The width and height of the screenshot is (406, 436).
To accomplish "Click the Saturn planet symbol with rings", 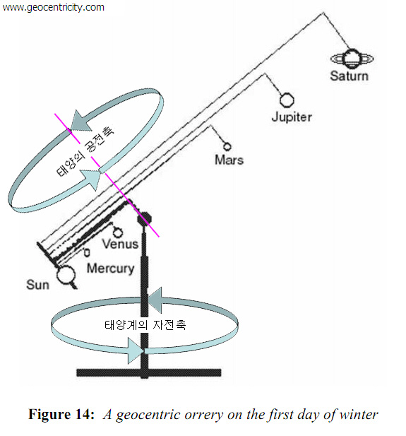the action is (x=352, y=59).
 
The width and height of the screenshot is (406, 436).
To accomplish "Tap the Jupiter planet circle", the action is (x=287, y=100).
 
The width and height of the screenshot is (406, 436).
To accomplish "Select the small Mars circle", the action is (x=227, y=146).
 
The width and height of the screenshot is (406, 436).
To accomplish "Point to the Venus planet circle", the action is (x=118, y=232).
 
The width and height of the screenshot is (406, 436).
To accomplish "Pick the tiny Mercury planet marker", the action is (x=87, y=252).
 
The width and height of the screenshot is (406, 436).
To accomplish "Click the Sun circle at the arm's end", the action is (x=66, y=275).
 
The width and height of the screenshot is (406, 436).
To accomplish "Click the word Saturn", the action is (x=349, y=76).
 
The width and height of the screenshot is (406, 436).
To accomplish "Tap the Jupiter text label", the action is (x=292, y=117).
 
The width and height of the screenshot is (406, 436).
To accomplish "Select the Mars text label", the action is (x=229, y=160).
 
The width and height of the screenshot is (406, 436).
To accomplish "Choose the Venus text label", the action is (x=120, y=244).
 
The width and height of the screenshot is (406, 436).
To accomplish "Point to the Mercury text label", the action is (x=111, y=269).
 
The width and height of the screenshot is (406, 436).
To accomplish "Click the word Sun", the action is (x=38, y=285).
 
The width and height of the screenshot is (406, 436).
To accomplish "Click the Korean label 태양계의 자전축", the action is (x=145, y=324).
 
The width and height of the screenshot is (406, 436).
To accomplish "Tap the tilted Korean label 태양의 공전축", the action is (x=85, y=152).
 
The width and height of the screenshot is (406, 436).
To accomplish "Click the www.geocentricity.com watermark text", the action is (x=53, y=7).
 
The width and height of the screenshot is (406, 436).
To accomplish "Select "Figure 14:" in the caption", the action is (x=61, y=414).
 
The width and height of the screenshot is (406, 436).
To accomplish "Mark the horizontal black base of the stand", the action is (x=149, y=372).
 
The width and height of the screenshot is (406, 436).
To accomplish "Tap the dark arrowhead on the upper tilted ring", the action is (x=82, y=121).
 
